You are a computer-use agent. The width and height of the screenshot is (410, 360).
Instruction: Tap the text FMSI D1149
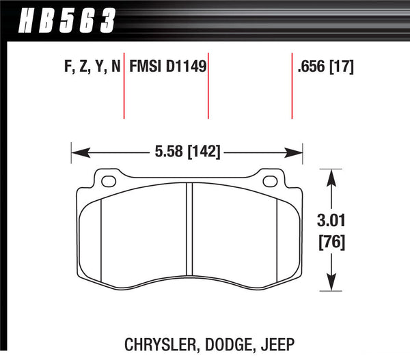[167, 68]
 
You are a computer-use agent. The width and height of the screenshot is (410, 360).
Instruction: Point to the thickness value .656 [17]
[325, 68]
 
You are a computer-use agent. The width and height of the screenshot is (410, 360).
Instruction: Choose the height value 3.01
[331, 221]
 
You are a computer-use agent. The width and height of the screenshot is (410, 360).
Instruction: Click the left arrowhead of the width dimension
[77, 152]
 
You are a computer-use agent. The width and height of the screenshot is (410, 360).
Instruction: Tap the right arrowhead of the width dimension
[297, 152]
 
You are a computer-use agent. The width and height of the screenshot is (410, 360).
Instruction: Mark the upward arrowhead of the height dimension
[331, 177]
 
